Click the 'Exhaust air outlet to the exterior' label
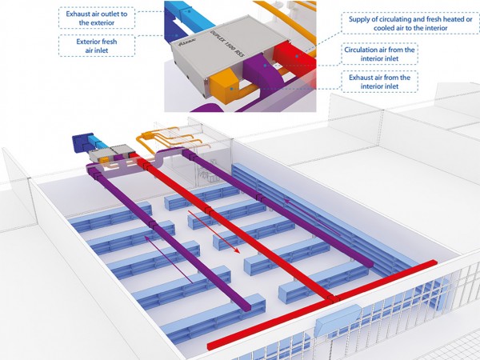97,18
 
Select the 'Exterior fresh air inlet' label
97,46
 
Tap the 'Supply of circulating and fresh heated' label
410,19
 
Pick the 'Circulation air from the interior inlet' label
379,54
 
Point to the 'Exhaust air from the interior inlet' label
379,82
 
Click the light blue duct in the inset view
190,13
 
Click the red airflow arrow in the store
214,231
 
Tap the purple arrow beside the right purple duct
312,217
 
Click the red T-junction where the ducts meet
333,298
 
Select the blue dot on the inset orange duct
232,89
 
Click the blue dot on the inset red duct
297,56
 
